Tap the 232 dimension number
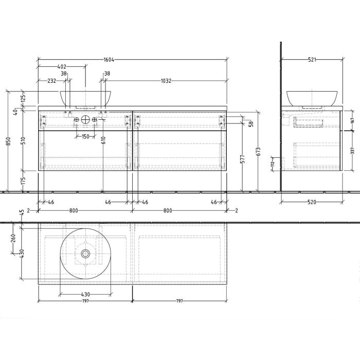point(52,81)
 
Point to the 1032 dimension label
point(166,81)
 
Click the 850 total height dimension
point(8,140)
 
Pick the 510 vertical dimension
point(23,140)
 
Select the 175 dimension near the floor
point(23,181)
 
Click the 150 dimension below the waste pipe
point(85,136)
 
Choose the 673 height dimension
point(258,151)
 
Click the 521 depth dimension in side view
point(312,60)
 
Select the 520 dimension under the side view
point(312,202)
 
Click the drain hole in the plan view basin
point(85,254)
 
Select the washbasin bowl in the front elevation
point(85,98)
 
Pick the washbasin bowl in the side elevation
point(312,98)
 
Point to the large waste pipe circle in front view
point(85,120)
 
